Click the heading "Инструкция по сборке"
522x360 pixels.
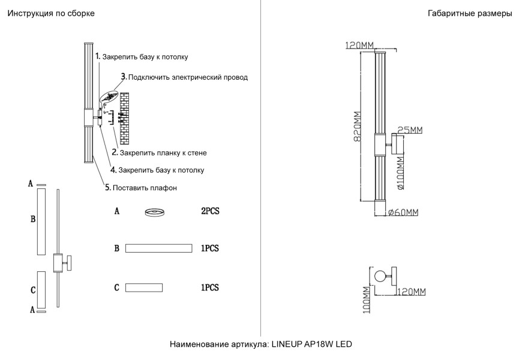[x=51, y=13]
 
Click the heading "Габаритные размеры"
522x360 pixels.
[x=470, y=13]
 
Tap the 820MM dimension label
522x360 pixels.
[x=357, y=126]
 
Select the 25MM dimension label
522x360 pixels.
[x=410, y=130]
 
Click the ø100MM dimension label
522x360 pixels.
[x=400, y=172]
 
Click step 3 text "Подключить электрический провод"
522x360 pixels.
[x=188, y=77]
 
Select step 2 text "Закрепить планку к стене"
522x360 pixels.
[x=163, y=153]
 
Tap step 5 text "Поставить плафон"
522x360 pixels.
[x=145, y=188]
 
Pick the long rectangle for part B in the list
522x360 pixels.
[x=158, y=248]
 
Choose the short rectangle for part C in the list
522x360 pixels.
[x=144, y=288]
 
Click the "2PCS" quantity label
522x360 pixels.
[x=210, y=212]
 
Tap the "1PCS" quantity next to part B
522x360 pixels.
[x=210, y=248]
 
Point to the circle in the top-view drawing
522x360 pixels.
[x=379, y=277]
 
